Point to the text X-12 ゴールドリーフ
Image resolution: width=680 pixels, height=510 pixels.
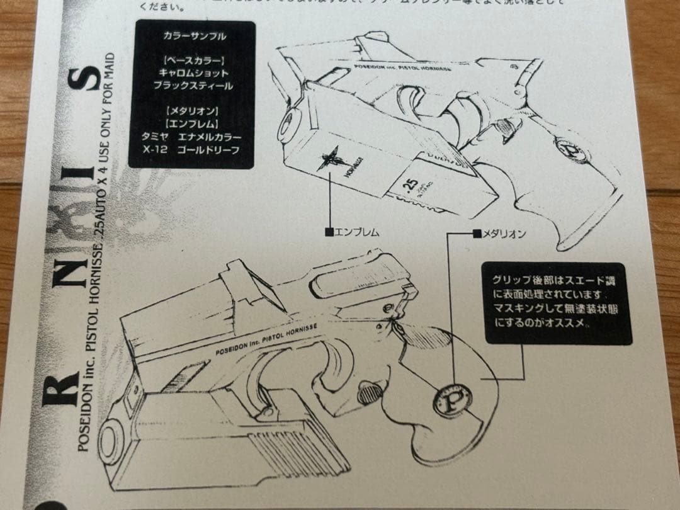tap(191, 152)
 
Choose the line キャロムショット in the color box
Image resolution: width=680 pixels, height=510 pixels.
tap(191, 73)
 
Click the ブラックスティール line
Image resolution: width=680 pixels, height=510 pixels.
tap(192, 86)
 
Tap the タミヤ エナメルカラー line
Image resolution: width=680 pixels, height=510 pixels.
tap(191, 137)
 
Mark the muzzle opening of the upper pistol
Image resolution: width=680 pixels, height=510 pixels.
tap(292, 120)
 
